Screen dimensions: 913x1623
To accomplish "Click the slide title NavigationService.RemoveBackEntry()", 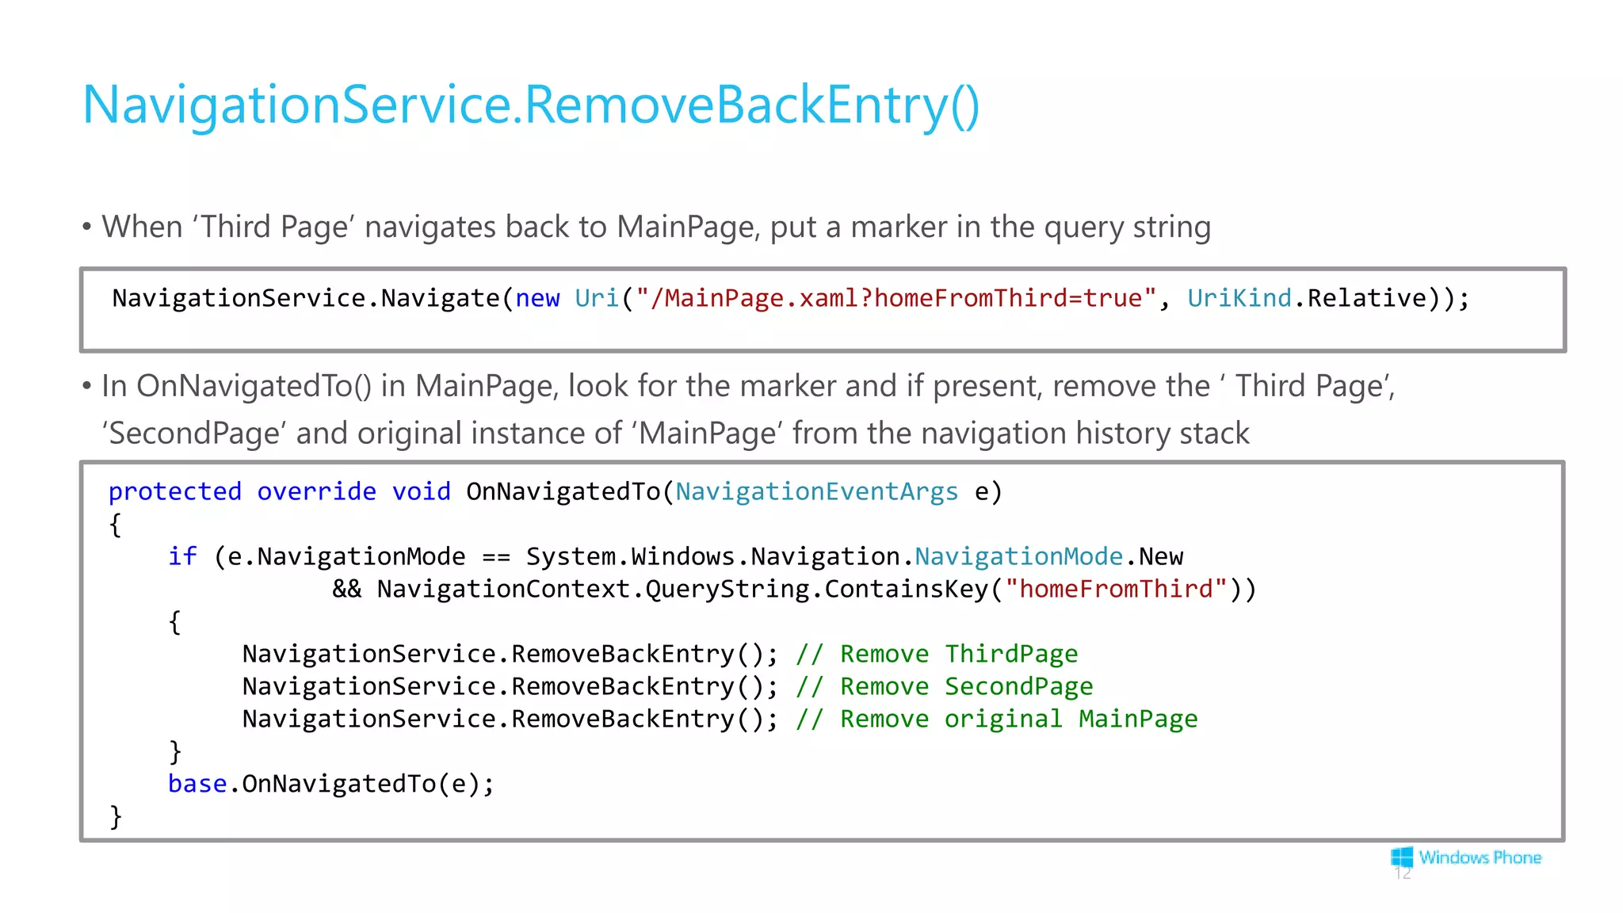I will point(531,105).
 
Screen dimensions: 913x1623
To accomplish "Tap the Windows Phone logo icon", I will point(1402,857).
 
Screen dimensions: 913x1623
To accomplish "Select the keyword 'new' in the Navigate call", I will point(537,299).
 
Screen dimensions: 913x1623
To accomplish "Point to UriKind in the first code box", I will point(1239,299).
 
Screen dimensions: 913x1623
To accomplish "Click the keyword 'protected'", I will point(174,492).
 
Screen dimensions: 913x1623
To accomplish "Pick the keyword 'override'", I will point(316,492).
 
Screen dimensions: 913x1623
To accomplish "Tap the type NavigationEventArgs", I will point(816,492).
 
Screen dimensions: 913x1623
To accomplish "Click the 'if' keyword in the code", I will point(182,557).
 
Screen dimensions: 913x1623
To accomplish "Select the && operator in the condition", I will point(346,590).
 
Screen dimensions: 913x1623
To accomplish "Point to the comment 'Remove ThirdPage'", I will point(937,655).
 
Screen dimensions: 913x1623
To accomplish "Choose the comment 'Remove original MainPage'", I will point(997,720).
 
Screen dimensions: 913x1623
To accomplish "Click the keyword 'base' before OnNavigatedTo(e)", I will point(197,785).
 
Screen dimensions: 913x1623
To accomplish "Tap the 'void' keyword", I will point(421,492).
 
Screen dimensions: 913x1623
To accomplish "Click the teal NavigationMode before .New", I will point(1018,557).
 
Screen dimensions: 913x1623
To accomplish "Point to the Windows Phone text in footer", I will point(1480,858).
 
